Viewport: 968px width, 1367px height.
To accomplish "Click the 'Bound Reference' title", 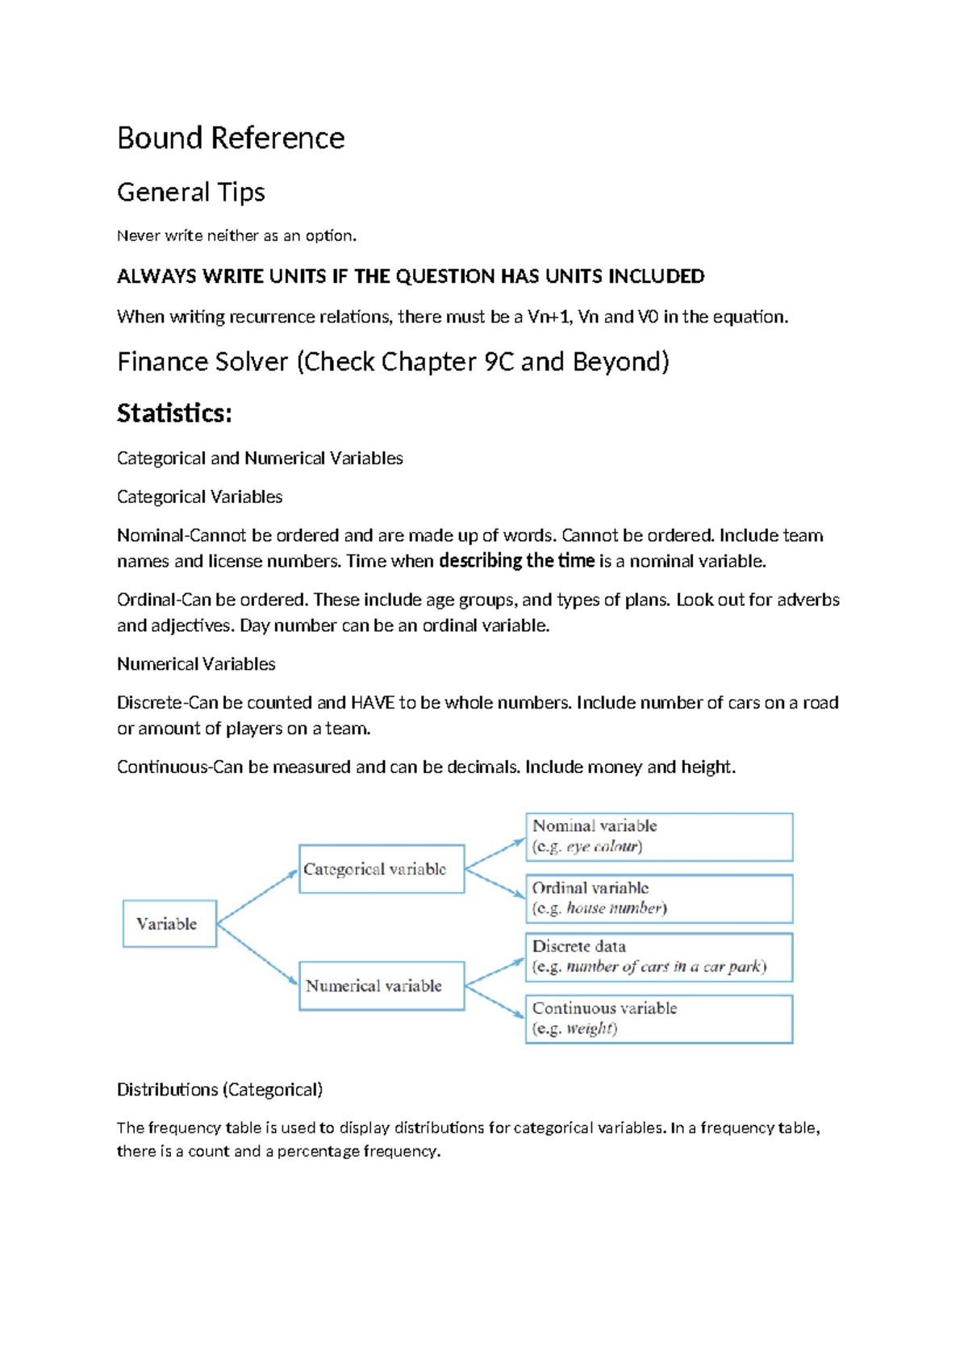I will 231,138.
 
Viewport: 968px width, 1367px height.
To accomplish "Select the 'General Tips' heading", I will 191,192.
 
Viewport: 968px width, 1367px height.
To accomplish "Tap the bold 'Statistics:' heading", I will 174,413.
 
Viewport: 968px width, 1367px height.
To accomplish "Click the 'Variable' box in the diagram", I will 169,924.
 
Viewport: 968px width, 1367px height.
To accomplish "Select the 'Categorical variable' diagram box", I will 382,869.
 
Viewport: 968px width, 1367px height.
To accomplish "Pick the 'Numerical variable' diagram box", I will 382,986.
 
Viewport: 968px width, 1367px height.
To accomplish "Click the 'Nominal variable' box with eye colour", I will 659,837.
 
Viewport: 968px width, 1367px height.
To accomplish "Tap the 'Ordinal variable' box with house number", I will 659,898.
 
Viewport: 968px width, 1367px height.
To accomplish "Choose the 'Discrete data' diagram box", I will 659,957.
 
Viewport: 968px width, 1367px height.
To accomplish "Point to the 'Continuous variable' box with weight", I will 659,1019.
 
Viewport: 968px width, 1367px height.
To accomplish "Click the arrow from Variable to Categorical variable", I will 257,896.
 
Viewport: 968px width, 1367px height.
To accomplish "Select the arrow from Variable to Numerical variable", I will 257,954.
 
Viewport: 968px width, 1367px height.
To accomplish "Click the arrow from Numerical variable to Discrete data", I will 495,972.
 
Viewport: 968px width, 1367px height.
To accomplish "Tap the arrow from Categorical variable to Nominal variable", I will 495,854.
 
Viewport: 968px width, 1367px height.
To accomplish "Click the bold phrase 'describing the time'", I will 516,561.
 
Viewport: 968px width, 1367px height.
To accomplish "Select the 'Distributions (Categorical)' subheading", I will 219,1090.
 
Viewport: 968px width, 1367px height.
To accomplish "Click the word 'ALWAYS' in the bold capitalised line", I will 156,276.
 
